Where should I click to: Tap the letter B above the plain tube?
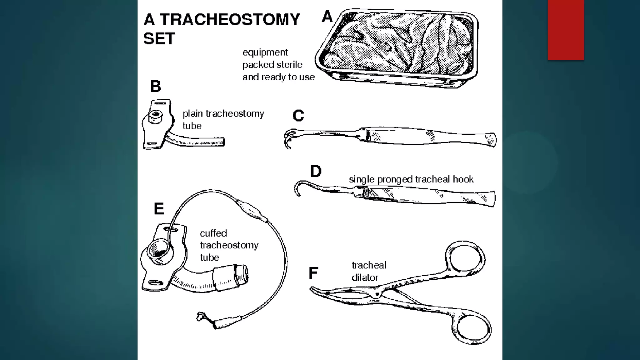(x=156, y=87)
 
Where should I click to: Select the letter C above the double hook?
(x=298, y=116)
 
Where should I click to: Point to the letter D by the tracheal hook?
(x=316, y=171)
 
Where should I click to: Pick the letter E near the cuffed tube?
(x=159, y=209)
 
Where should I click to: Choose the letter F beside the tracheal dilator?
(x=313, y=273)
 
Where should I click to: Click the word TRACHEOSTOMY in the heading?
(x=230, y=19)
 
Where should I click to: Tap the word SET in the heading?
(x=159, y=39)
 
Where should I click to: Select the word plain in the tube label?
(x=192, y=113)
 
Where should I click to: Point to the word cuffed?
(x=213, y=233)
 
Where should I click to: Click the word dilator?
(x=365, y=277)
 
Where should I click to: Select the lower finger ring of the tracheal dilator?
(x=473, y=330)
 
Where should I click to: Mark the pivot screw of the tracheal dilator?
(x=377, y=294)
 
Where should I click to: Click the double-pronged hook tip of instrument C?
(x=288, y=139)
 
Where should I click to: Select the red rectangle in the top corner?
(x=566, y=30)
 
